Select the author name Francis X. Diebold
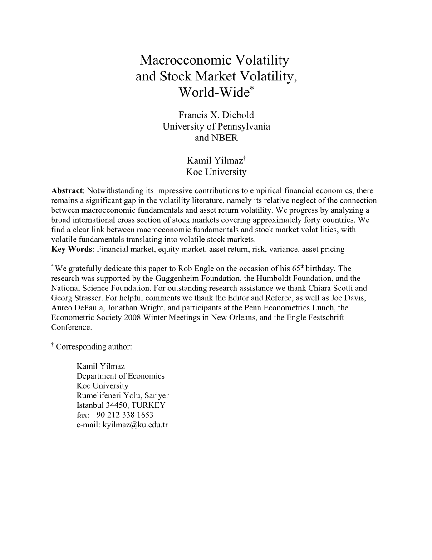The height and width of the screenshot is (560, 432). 216,115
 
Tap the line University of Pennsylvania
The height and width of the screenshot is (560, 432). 216,126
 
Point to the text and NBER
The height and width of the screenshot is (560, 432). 216,138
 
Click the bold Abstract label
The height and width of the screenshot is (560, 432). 66,190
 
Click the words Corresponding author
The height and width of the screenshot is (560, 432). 94,346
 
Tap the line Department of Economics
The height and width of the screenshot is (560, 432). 120,376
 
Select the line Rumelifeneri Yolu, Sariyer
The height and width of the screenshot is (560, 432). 123,395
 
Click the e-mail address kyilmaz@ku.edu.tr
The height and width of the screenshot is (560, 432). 135,425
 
